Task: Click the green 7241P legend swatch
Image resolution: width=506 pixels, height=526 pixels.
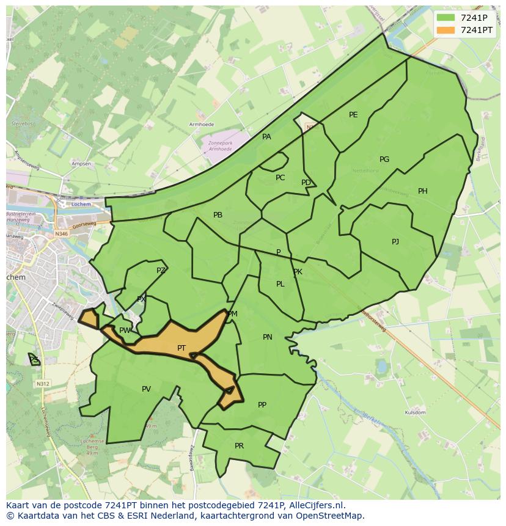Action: pos(446,18)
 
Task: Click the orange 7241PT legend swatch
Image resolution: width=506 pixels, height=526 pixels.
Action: pos(446,30)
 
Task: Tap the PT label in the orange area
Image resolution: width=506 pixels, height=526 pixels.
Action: pos(182,348)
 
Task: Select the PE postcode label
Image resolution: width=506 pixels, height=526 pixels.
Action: pos(353,115)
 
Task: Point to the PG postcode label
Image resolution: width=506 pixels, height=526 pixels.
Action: pos(384,159)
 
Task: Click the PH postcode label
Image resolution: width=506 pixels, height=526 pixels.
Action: pos(423,191)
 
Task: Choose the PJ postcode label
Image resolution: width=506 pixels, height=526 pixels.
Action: pos(395,242)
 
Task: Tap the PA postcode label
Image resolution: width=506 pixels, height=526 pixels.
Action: pos(266,137)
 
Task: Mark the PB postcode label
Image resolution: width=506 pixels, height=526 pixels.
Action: pos(218,215)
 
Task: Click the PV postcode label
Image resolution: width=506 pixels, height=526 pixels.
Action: pos(146,389)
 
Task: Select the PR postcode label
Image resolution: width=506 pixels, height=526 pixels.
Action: pos(239,446)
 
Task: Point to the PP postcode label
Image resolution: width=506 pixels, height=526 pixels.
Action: pos(262,404)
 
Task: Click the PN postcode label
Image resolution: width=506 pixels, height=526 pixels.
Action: pos(268,337)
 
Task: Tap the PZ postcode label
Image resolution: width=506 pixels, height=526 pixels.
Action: pos(161,271)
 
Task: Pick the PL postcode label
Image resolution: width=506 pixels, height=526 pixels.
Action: pos(280,284)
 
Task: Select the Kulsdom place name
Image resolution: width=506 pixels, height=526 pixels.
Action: pos(415,413)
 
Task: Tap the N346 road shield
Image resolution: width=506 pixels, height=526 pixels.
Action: pos(61,233)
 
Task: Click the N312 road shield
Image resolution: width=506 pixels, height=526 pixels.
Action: pos(42,384)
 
